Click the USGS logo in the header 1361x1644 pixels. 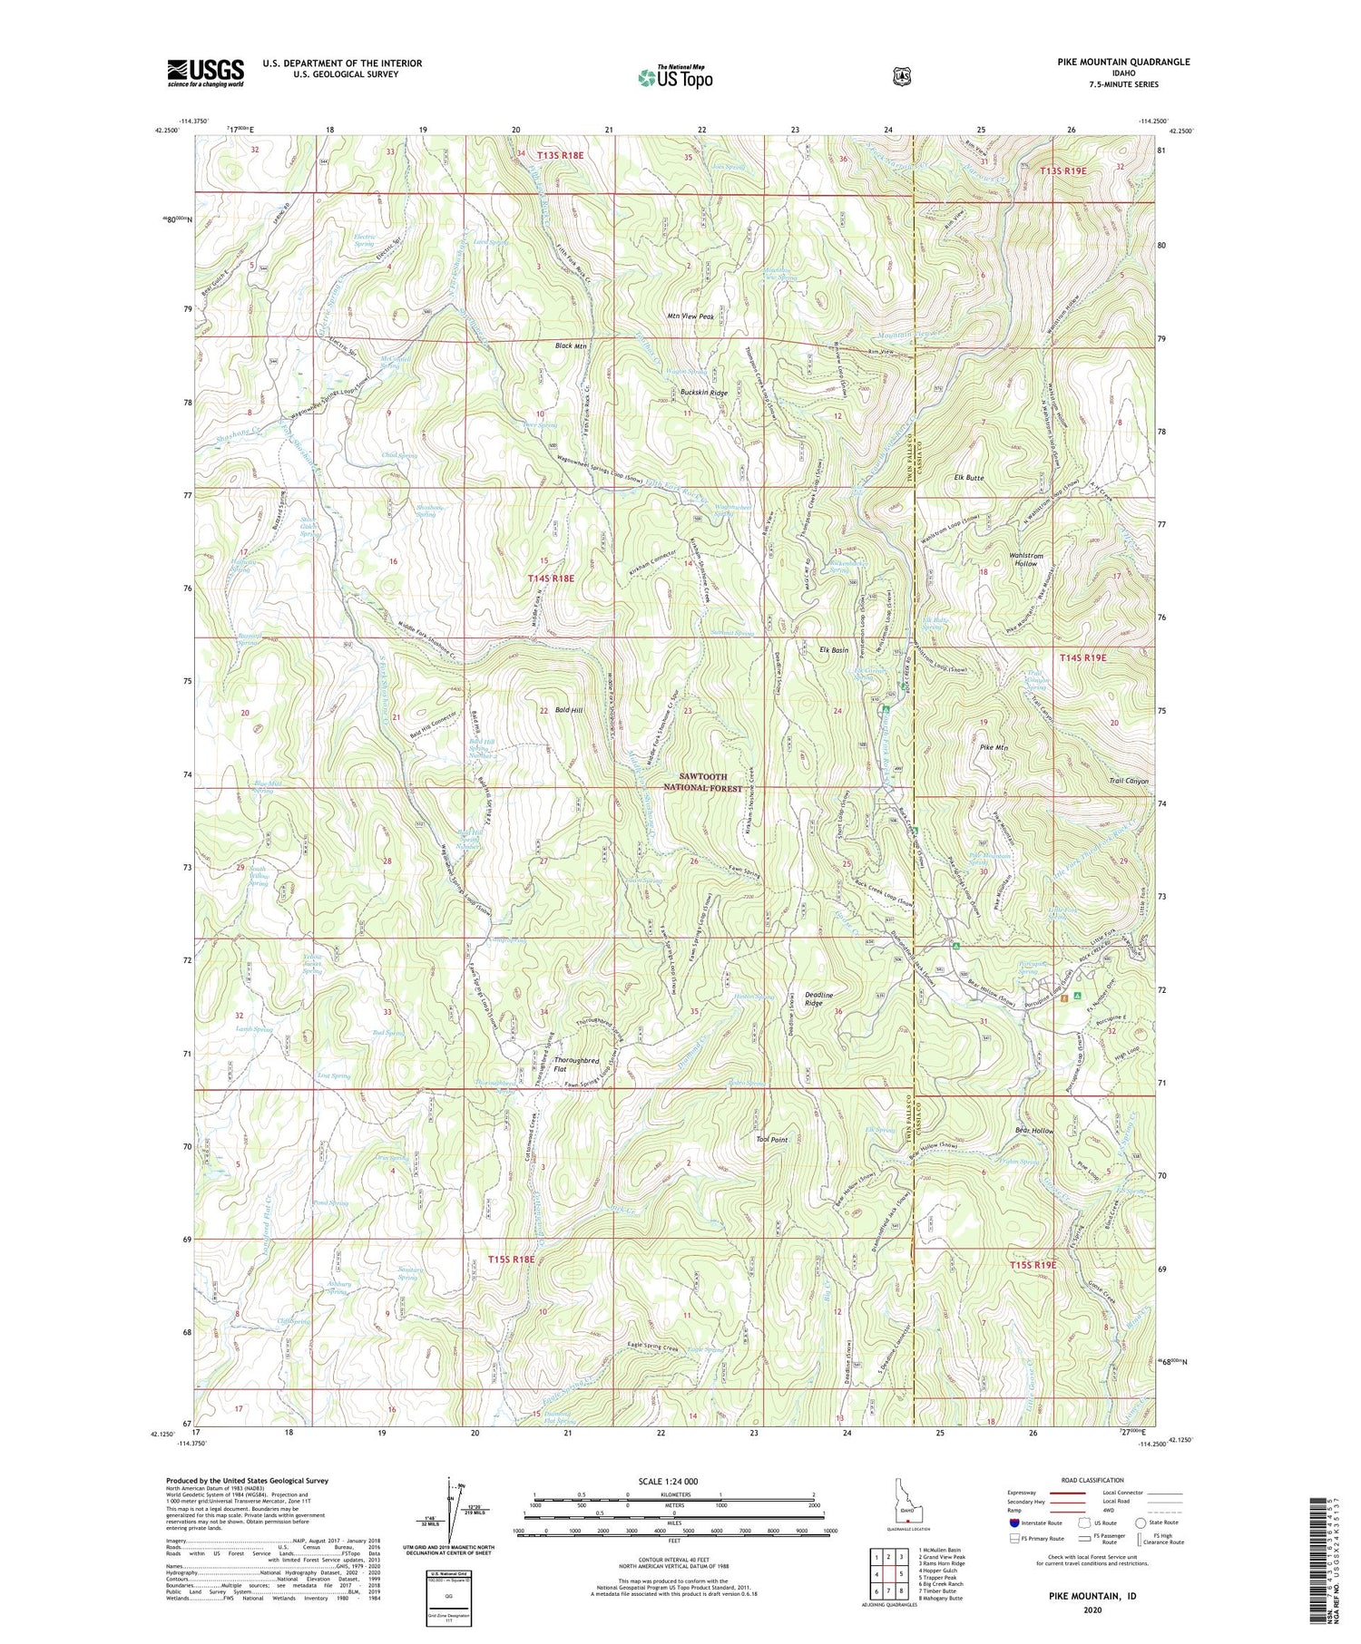pyautogui.click(x=205, y=73)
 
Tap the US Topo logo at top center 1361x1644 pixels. pyautogui.click(x=675, y=77)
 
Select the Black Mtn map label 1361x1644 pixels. pyautogui.click(x=571, y=346)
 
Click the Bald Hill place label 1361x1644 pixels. pyautogui.click(x=569, y=710)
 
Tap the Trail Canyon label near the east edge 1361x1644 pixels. pyautogui.click(x=1128, y=781)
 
